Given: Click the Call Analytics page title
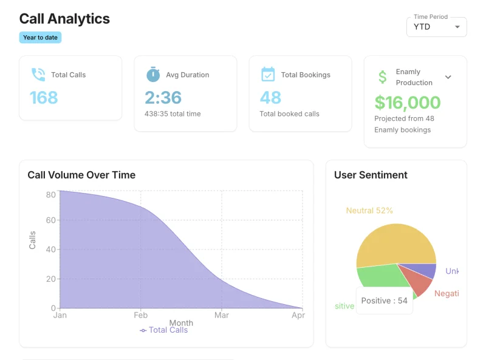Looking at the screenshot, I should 64,19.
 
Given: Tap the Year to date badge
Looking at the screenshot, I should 40,38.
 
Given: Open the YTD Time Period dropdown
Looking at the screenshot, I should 436,27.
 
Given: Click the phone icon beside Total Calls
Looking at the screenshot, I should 38,75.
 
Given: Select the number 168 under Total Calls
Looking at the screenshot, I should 44,97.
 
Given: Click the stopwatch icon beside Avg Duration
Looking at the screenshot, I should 153,75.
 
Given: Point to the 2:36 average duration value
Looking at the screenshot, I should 163,97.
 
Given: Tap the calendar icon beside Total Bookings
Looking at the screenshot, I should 268,75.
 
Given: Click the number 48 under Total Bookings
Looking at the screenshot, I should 270,97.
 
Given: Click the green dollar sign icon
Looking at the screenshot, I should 382,77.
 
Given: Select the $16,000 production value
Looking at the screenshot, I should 407,102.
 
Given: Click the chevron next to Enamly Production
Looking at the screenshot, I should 448,77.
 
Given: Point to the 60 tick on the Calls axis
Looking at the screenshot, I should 51,220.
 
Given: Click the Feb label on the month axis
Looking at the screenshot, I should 140,315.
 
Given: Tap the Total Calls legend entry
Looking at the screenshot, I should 163,330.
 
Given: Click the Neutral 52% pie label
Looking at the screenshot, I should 369,211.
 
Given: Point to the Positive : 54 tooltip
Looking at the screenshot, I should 384,301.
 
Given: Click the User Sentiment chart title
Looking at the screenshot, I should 371,175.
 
